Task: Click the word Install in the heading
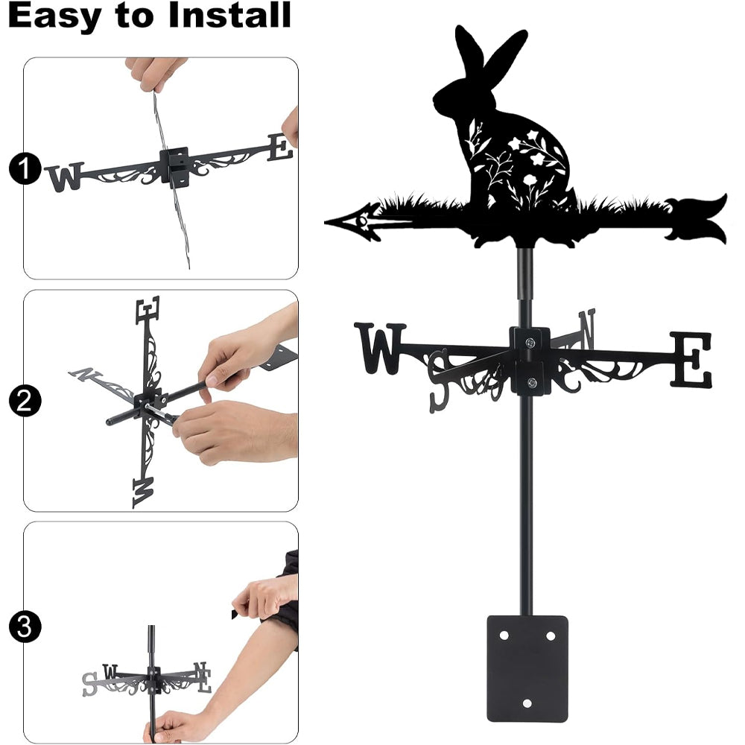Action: click(x=229, y=15)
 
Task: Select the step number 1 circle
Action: click(x=25, y=168)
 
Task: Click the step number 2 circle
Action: click(x=25, y=401)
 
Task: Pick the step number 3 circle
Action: click(x=25, y=627)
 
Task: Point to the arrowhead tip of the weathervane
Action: click(x=326, y=222)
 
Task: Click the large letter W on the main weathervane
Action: click(x=380, y=348)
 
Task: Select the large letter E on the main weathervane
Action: click(x=691, y=359)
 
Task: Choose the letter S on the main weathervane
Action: click(x=440, y=380)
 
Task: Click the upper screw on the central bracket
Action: click(x=530, y=342)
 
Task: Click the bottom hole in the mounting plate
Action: click(x=527, y=703)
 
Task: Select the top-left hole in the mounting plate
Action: click(x=504, y=635)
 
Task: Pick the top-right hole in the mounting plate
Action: click(x=551, y=635)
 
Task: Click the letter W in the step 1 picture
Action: click(x=65, y=177)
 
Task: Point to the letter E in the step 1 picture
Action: click(x=280, y=148)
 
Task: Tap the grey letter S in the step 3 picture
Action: click(x=89, y=684)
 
